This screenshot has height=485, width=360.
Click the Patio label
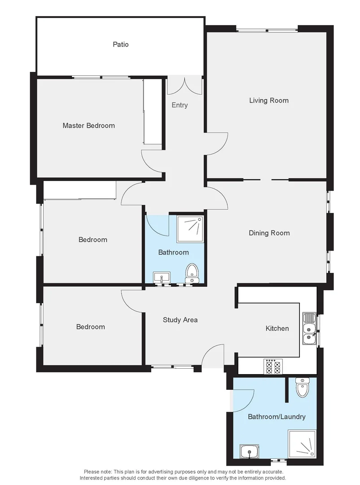(120, 44)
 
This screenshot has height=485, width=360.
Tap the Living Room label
(268, 101)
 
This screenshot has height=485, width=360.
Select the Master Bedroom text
(88, 126)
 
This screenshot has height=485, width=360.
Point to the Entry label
(180, 105)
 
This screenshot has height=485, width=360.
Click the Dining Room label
(269, 233)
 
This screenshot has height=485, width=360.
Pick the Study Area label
(180, 320)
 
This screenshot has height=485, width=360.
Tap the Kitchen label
(277, 329)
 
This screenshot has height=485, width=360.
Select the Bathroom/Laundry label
(277, 417)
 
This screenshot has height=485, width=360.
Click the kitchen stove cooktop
(273, 367)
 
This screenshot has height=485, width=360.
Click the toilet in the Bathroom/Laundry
(302, 388)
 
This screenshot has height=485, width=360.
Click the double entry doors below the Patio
(184, 85)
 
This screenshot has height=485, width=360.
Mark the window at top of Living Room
(267, 31)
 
